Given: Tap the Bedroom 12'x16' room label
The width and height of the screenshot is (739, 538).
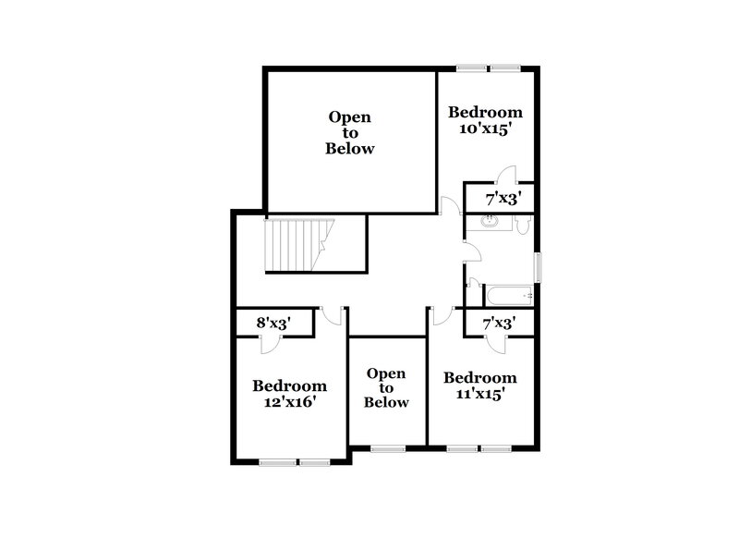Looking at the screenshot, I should [x=290, y=394].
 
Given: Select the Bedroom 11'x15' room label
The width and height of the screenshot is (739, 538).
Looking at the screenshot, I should [x=480, y=385].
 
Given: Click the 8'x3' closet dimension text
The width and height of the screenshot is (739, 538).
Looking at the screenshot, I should [x=273, y=324].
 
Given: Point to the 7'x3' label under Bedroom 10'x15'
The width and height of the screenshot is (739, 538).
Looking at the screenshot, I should [x=499, y=199].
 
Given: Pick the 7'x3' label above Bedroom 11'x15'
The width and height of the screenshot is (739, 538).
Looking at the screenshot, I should [x=499, y=324].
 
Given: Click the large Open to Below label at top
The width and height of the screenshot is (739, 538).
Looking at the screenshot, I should [x=350, y=132].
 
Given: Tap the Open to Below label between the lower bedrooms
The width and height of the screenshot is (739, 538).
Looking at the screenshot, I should [x=386, y=387].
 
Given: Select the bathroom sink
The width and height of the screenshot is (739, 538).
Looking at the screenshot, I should [x=491, y=222].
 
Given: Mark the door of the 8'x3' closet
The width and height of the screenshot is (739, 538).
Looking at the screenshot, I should [x=270, y=343].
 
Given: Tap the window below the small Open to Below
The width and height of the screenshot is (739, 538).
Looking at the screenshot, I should [x=387, y=450].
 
